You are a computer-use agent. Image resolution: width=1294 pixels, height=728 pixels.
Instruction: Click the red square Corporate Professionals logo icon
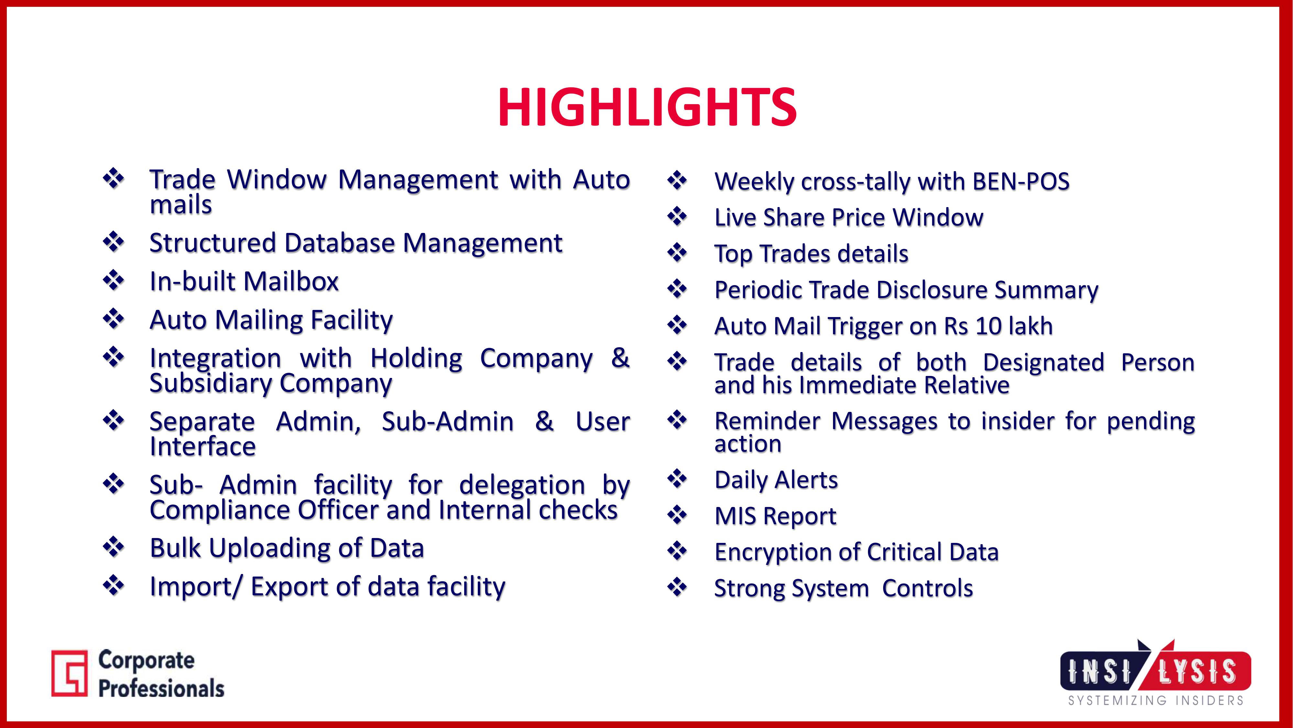69,673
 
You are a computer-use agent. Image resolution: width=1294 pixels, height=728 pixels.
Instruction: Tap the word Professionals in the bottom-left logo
161,688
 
